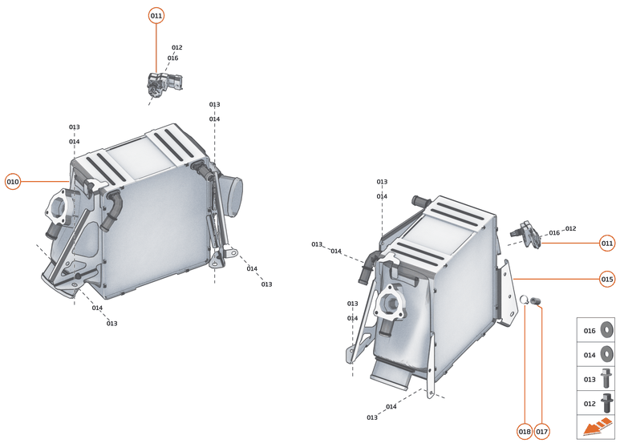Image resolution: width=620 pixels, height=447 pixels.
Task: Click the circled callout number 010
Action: (13, 182)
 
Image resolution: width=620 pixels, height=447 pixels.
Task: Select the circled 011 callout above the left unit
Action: (156, 16)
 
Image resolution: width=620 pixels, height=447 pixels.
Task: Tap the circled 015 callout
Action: (607, 280)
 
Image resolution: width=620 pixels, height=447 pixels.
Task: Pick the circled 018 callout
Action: (525, 432)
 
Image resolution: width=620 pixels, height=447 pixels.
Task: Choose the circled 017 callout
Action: (542, 432)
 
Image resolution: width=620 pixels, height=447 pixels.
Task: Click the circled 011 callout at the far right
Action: (607, 243)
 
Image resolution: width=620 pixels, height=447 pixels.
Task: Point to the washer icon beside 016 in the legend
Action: (606, 330)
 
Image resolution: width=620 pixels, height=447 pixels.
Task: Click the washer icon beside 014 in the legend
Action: (606, 354)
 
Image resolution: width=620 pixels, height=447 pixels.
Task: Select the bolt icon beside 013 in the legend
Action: (606, 378)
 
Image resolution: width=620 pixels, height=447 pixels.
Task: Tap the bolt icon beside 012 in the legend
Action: (606, 402)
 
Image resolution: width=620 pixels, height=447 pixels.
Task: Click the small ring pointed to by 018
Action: (525, 300)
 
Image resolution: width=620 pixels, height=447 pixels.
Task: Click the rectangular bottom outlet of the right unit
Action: (391, 373)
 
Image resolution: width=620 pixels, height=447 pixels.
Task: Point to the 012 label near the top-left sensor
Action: (176, 48)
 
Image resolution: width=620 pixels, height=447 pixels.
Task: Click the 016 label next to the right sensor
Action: (554, 233)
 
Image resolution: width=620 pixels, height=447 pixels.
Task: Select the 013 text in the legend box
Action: (590, 378)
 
